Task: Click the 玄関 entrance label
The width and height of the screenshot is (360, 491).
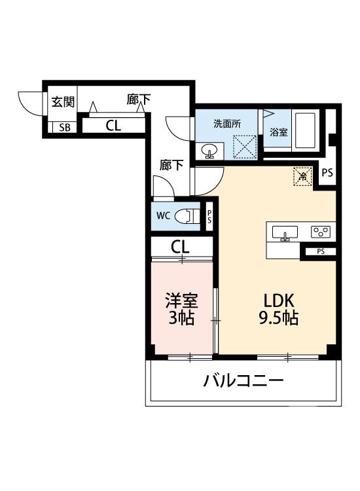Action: pyautogui.click(x=63, y=102)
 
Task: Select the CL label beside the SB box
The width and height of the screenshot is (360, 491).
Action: pyautogui.click(x=113, y=126)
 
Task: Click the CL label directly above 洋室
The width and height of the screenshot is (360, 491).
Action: pyautogui.click(x=181, y=247)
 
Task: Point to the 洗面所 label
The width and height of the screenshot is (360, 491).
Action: pyautogui.click(x=226, y=123)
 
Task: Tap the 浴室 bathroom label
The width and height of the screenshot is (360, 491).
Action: pyautogui.click(x=278, y=132)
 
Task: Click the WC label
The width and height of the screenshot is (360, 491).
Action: pyautogui.click(x=163, y=215)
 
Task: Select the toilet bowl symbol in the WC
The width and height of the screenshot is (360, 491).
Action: pyautogui.click(x=187, y=216)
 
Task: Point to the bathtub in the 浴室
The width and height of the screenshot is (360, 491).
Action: pyautogui.click(x=306, y=131)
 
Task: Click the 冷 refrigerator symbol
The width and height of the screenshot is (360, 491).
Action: pyautogui.click(x=302, y=175)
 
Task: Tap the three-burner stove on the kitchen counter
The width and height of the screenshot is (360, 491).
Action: pyautogui.click(x=321, y=232)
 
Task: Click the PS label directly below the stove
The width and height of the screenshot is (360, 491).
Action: pyautogui.click(x=321, y=251)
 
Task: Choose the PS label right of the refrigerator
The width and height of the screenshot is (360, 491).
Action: pyautogui.click(x=327, y=173)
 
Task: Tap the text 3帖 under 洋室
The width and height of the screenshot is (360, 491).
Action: pyautogui.click(x=181, y=320)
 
